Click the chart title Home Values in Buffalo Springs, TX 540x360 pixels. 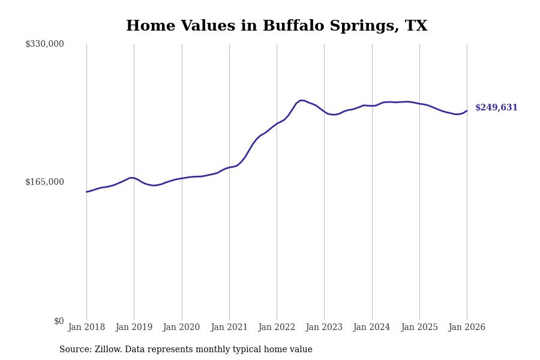(277, 26)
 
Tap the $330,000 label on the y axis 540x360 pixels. (44, 44)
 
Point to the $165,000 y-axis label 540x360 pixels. (44, 182)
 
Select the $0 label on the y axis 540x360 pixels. (59, 321)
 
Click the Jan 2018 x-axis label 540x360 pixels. (86, 328)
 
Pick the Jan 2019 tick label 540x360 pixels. (134, 328)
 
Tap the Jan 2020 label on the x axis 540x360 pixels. (181, 328)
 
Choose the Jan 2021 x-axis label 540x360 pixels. (229, 328)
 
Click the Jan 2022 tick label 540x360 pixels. (277, 328)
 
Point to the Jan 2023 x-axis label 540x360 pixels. (324, 328)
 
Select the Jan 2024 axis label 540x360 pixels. (371, 328)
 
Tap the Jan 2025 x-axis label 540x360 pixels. (419, 328)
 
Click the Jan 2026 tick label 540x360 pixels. (467, 328)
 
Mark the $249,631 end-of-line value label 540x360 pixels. (496, 108)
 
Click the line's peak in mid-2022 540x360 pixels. (301, 100)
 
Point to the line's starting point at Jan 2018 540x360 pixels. (86, 192)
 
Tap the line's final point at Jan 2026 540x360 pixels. (467, 110)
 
